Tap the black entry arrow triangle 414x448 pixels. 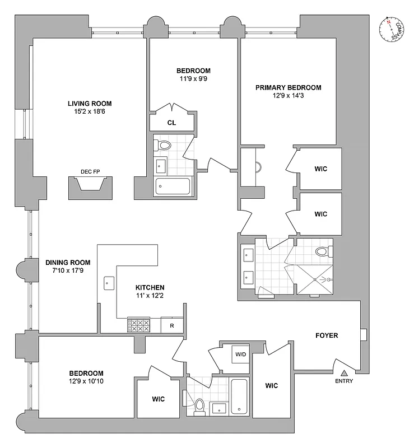pyautogui.click(x=344, y=372)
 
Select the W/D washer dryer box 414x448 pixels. pyautogui.click(x=241, y=354)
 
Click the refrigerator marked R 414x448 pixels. pyautogui.click(x=171, y=325)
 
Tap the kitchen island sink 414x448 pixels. pyautogui.click(x=108, y=283)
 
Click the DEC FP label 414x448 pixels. pyautogui.click(x=89, y=172)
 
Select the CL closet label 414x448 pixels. pyautogui.click(x=172, y=122)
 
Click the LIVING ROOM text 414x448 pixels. pyautogui.click(x=90, y=104)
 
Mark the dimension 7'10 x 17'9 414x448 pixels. pyautogui.click(x=67, y=270)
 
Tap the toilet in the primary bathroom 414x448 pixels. pyautogui.click(x=322, y=251)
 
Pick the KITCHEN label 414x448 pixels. pyautogui.click(x=149, y=286)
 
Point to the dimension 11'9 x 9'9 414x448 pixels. pyautogui.click(x=193, y=79)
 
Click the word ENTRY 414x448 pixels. pyautogui.click(x=344, y=381)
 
